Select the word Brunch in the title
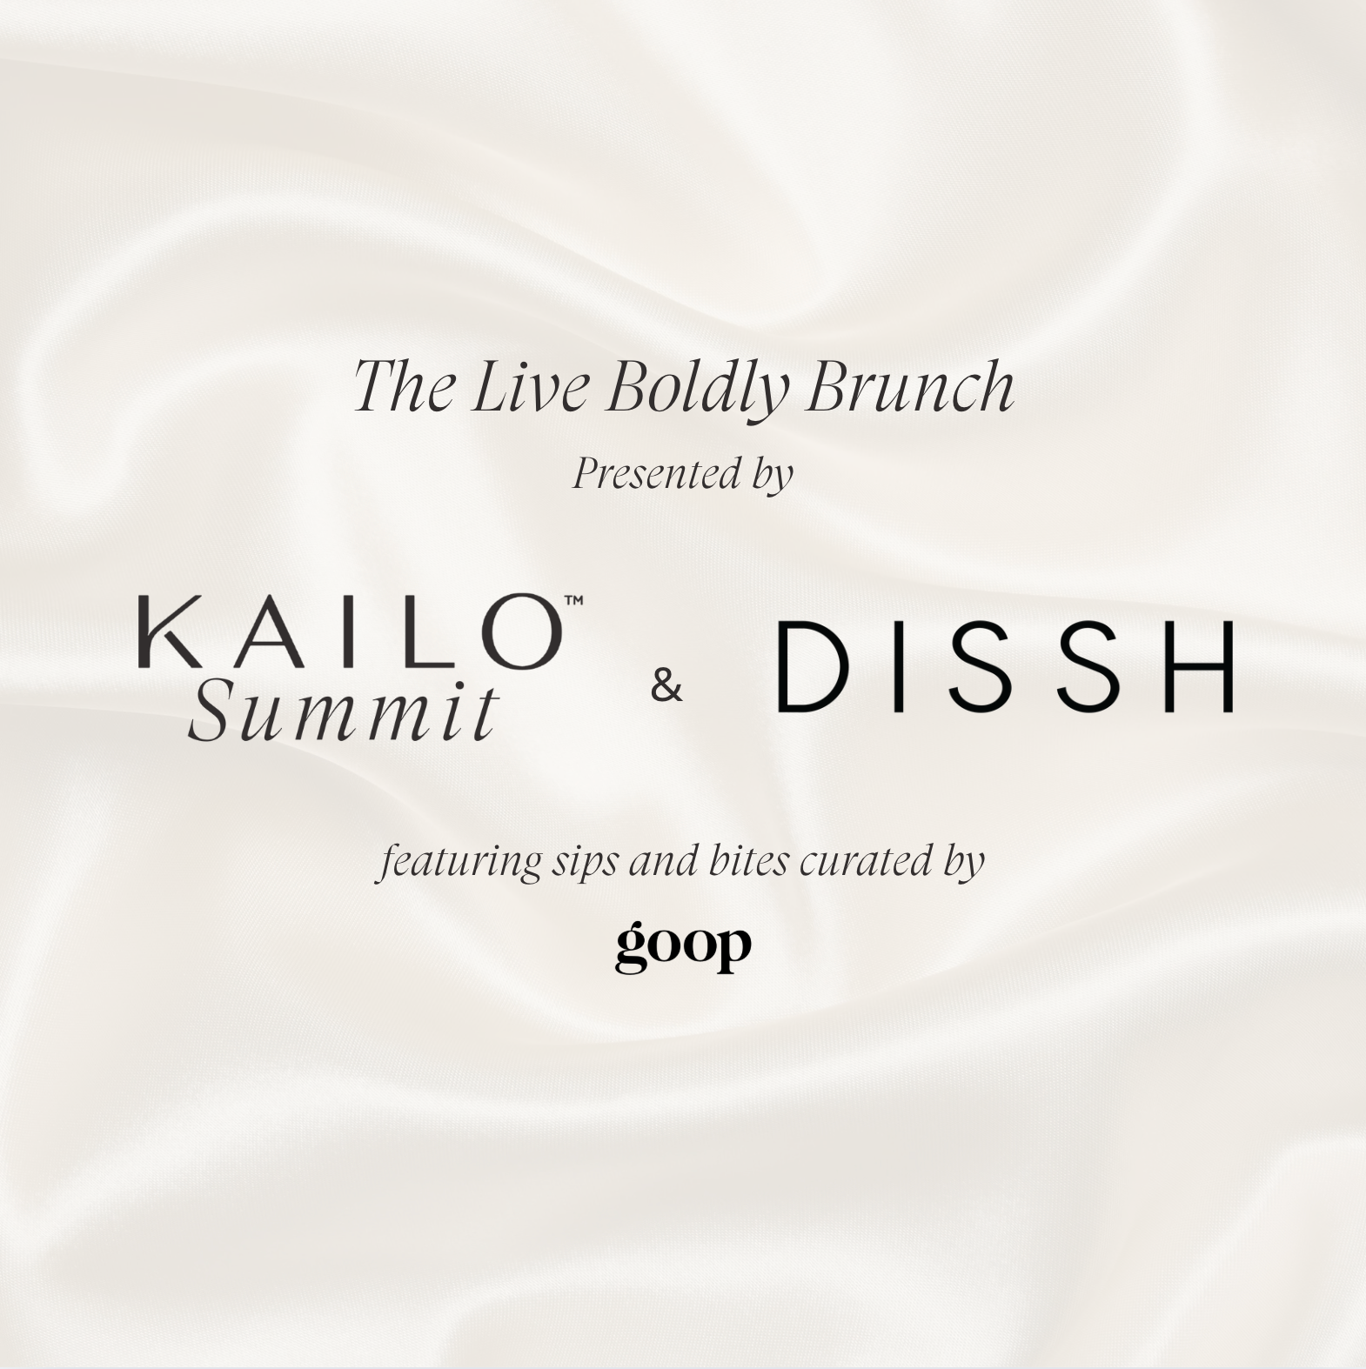click(x=910, y=385)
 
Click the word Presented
click(x=645, y=475)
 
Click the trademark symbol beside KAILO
click(x=573, y=600)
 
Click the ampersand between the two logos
click(x=666, y=686)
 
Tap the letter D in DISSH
click(x=813, y=666)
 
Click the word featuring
click(x=459, y=862)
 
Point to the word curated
click(x=867, y=861)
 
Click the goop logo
click(x=683, y=946)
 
